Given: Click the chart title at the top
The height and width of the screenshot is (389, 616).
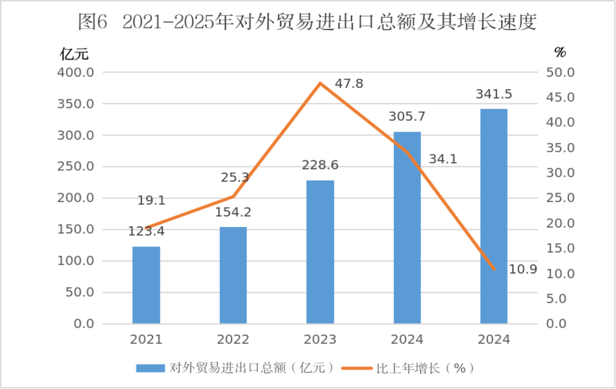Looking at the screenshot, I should click(x=307, y=22).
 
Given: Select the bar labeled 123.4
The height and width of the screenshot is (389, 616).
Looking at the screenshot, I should click(x=146, y=285).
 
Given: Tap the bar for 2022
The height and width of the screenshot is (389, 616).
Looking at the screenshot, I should click(x=233, y=275).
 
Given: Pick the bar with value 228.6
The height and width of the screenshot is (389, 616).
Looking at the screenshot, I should click(x=320, y=252).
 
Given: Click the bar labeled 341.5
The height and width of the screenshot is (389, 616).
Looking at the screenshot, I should click(x=494, y=216).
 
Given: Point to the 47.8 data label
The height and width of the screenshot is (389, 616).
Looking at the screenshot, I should click(x=349, y=84).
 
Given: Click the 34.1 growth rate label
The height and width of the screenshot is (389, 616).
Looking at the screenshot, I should click(x=443, y=159).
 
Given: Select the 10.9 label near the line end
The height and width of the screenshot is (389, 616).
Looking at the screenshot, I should click(x=523, y=269).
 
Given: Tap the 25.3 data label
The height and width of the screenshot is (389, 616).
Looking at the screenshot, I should click(x=235, y=177).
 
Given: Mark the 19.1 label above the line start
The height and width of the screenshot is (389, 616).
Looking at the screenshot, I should click(x=151, y=200).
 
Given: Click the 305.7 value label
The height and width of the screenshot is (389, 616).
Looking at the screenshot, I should click(x=407, y=116).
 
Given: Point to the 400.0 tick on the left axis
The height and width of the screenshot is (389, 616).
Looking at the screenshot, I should click(x=75, y=72).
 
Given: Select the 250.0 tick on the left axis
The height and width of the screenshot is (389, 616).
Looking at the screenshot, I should click(x=75, y=167).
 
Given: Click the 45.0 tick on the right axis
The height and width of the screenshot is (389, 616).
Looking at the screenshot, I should click(x=560, y=97).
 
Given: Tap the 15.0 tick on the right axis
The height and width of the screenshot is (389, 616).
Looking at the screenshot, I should click(x=560, y=248).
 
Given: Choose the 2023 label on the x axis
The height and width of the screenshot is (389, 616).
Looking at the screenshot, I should click(x=320, y=339).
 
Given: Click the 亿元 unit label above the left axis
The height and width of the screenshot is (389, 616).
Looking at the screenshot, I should click(x=74, y=54).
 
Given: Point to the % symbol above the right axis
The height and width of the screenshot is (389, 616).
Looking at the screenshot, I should click(x=560, y=52).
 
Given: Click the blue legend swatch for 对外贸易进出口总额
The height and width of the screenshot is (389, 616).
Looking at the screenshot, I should click(x=150, y=368).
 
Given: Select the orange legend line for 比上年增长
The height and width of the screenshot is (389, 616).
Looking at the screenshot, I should click(x=357, y=368).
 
